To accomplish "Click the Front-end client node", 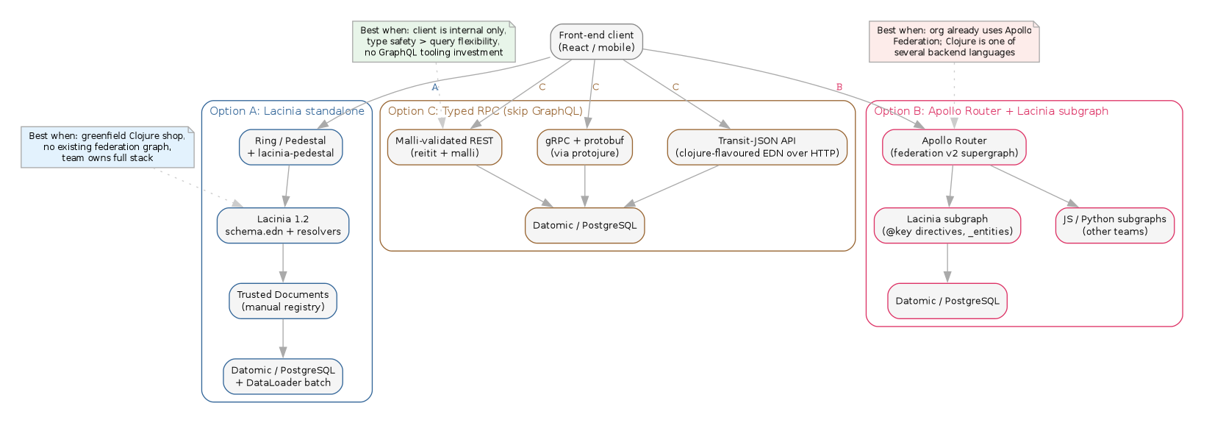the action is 596,41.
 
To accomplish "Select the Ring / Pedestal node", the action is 290,147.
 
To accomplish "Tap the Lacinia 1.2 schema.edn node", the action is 283,225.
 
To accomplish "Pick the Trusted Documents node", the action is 283,301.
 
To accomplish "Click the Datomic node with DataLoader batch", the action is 283,377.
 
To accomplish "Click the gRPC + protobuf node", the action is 584,147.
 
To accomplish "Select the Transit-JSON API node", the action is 756,147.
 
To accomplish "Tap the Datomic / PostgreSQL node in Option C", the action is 584,225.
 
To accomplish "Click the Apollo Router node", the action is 954,147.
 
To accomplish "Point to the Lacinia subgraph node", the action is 947,225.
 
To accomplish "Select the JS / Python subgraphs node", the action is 1114,225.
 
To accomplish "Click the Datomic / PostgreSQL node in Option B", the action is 947,301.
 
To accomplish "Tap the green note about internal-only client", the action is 434,41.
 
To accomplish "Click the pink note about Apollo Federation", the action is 954,41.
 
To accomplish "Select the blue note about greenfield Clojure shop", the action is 107,147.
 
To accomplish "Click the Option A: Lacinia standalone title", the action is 287,111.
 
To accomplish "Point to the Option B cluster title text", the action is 991,111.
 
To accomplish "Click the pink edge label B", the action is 839,88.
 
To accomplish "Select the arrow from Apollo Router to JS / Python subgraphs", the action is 1033,186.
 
